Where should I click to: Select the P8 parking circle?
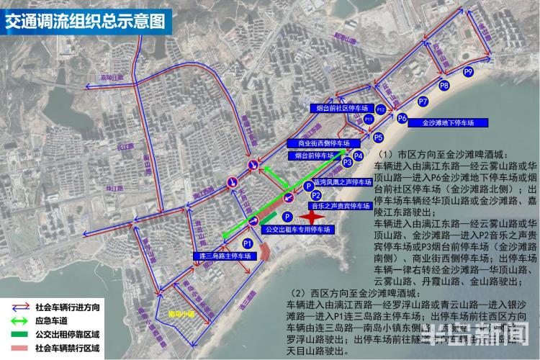[444, 86]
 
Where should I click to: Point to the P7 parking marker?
[423, 102]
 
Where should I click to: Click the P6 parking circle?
[402, 118]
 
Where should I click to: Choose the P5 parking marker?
[378, 137]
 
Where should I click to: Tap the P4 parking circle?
[358, 155]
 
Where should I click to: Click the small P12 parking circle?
[381, 109]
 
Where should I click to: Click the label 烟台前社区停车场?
[343, 109]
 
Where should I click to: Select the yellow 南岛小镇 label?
[181, 314]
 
